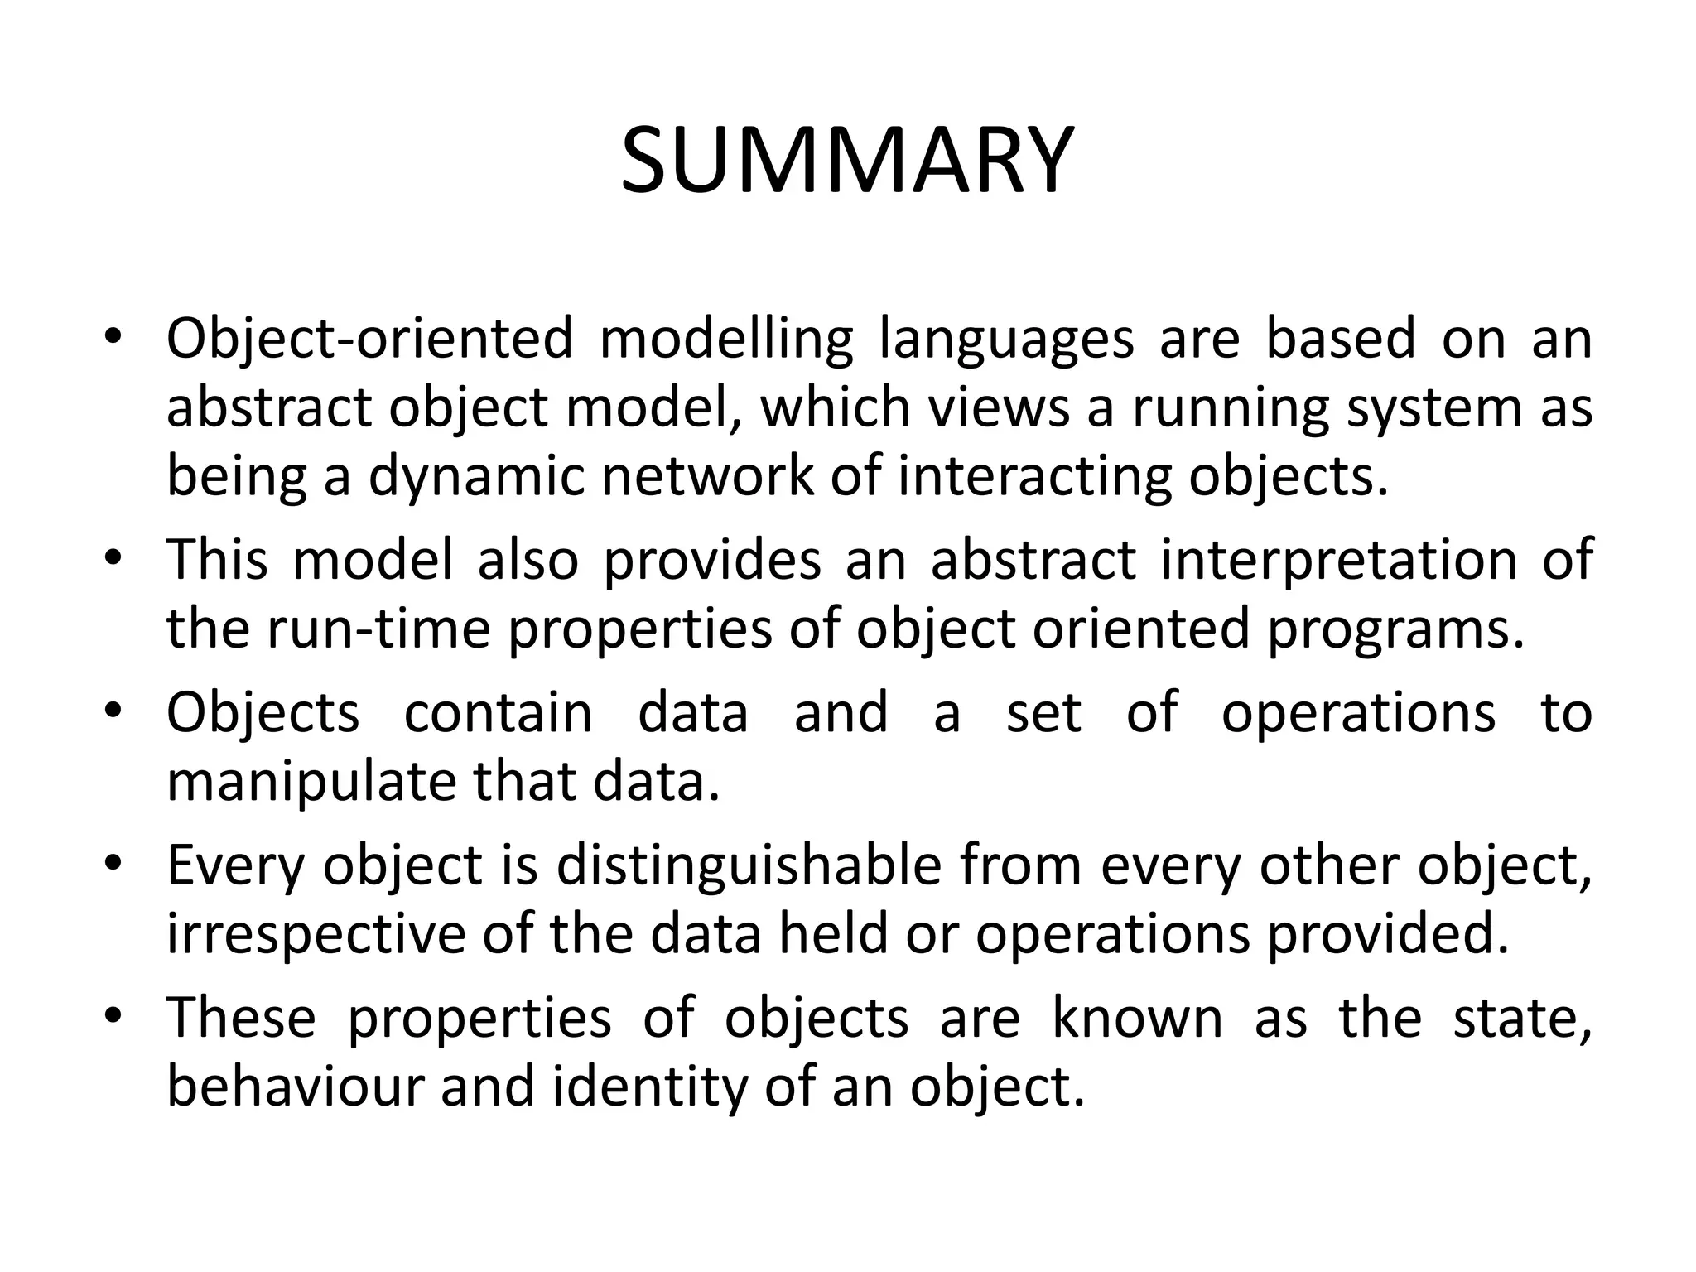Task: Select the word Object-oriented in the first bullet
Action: pyautogui.click(x=369, y=339)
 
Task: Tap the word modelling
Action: pyautogui.click(x=725, y=339)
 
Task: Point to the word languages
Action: pyautogui.click(x=1006, y=340)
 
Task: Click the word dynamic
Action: pyautogui.click(x=476, y=477)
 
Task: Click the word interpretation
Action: pyautogui.click(x=1338, y=560)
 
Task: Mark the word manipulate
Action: pyautogui.click(x=311, y=782)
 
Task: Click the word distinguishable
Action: pyautogui.click(x=749, y=866)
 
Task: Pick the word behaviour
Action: pyautogui.click(x=296, y=1086)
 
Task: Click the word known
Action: pyautogui.click(x=1137, y=1017)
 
